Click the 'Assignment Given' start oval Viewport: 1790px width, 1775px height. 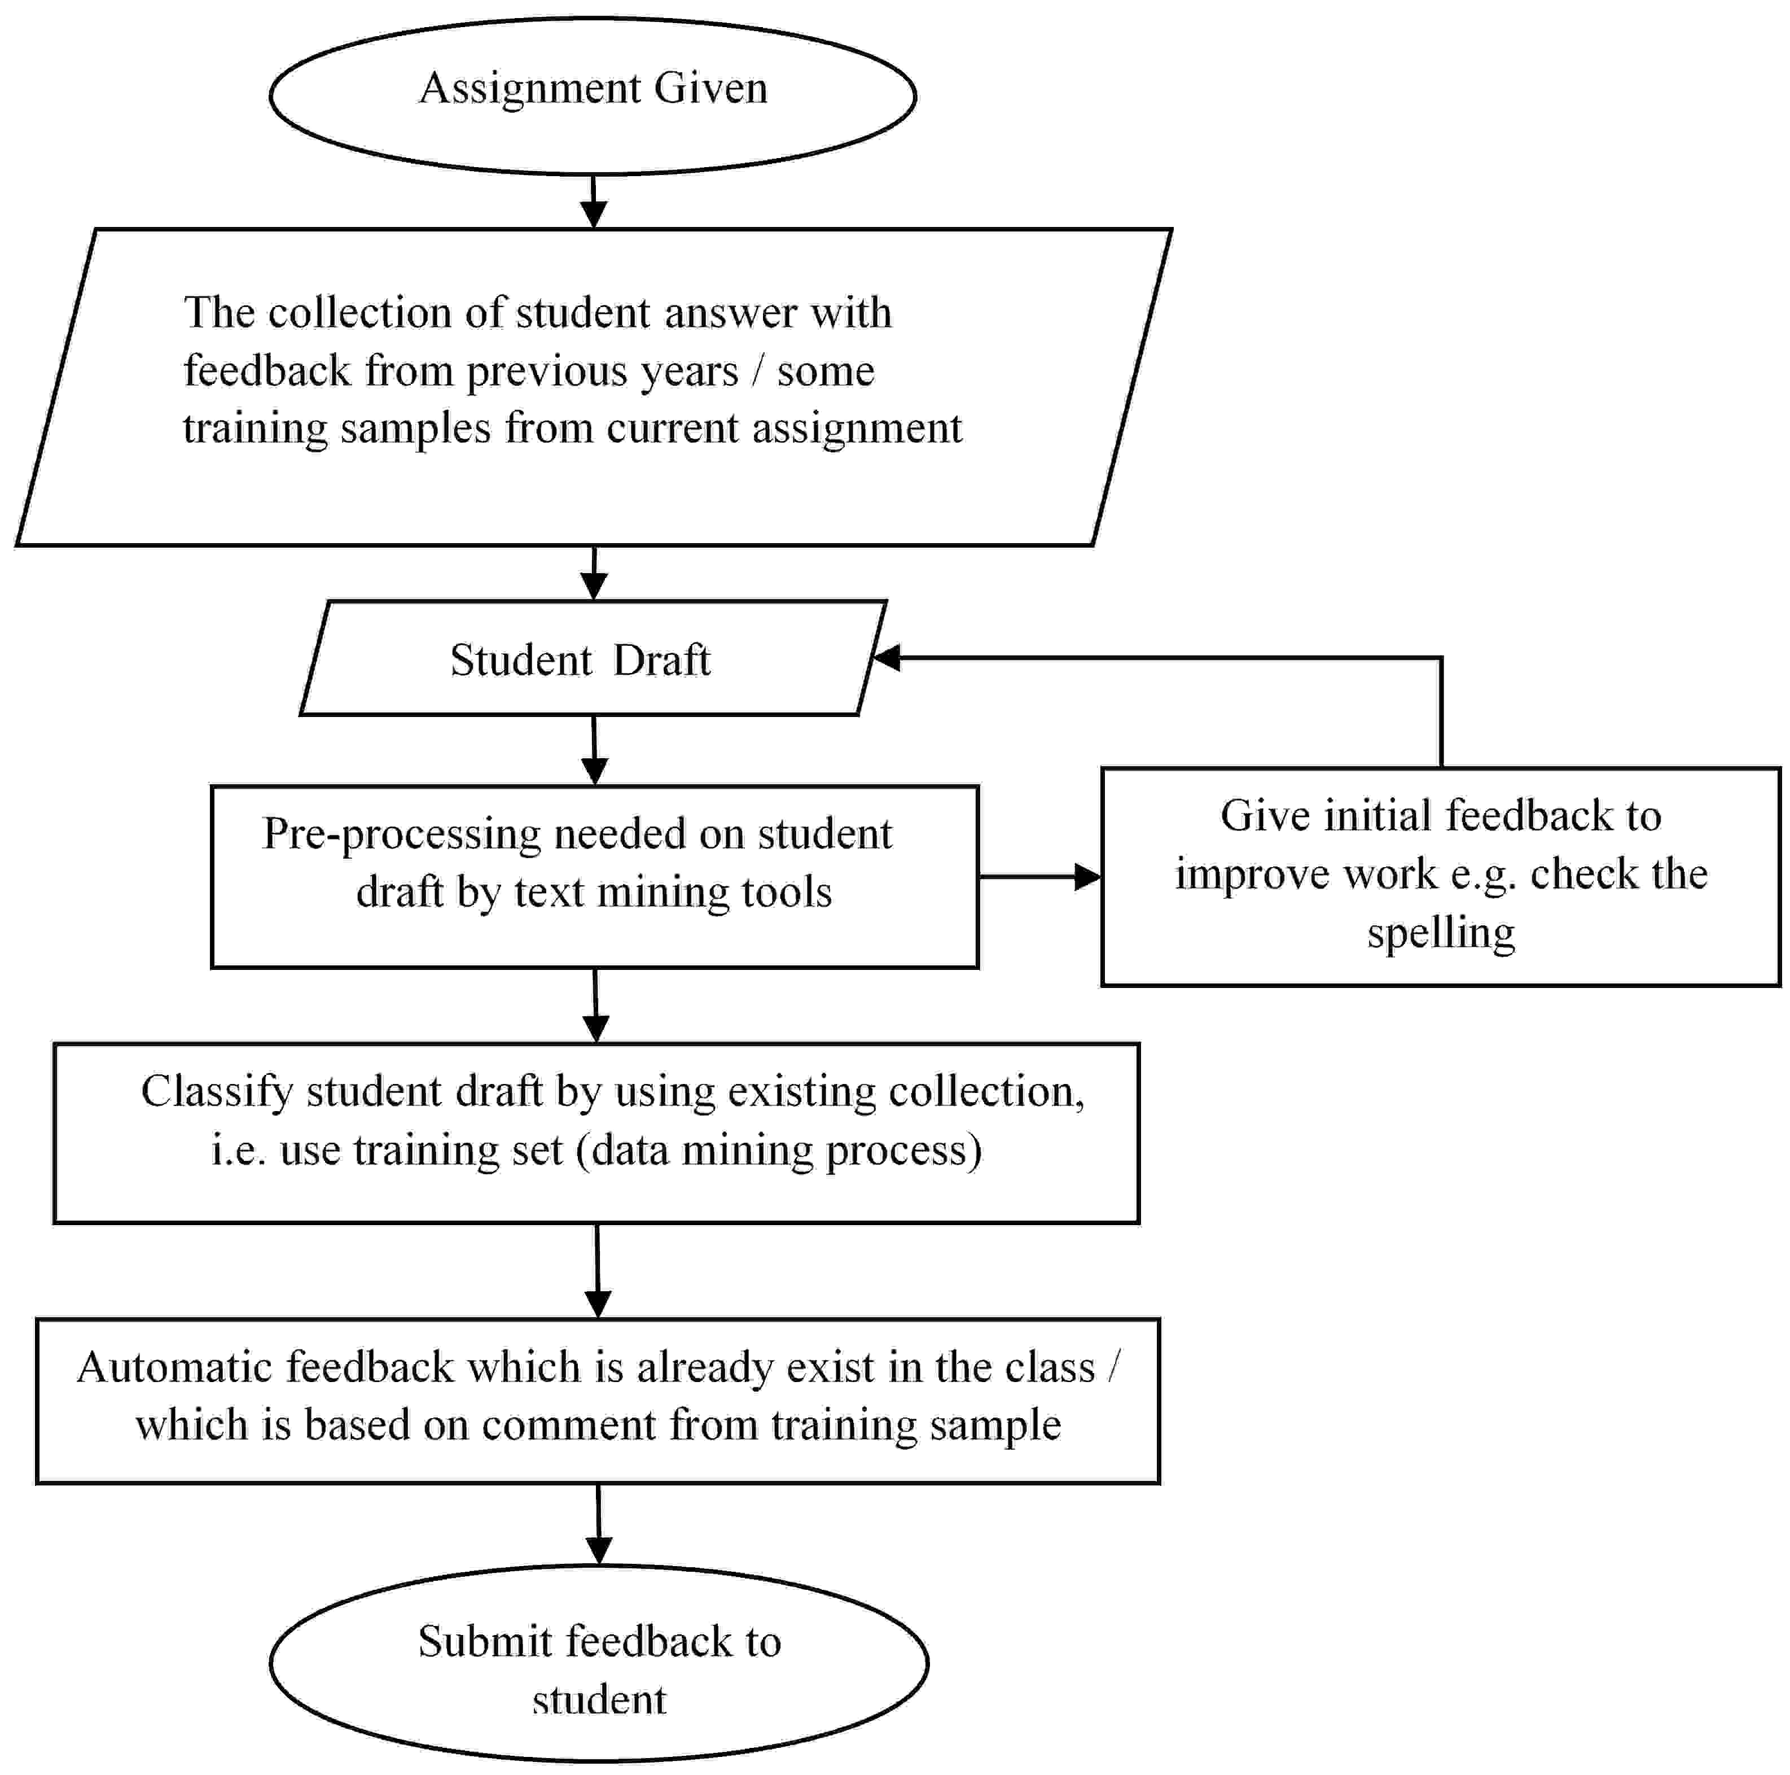pos(593,95)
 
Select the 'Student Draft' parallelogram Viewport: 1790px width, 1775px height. pos(593,658)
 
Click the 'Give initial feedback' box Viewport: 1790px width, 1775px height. pos(1441,876)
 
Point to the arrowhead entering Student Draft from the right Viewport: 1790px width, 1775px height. pos(886,658)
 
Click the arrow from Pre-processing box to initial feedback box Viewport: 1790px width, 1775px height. pos(1039,876)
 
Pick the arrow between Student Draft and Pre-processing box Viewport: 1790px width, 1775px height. pos(594,750)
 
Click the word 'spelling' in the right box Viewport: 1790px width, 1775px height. pos(1441,933)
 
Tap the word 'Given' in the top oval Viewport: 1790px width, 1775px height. pos(710,89)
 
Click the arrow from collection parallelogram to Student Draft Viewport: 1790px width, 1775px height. pos(594,573)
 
